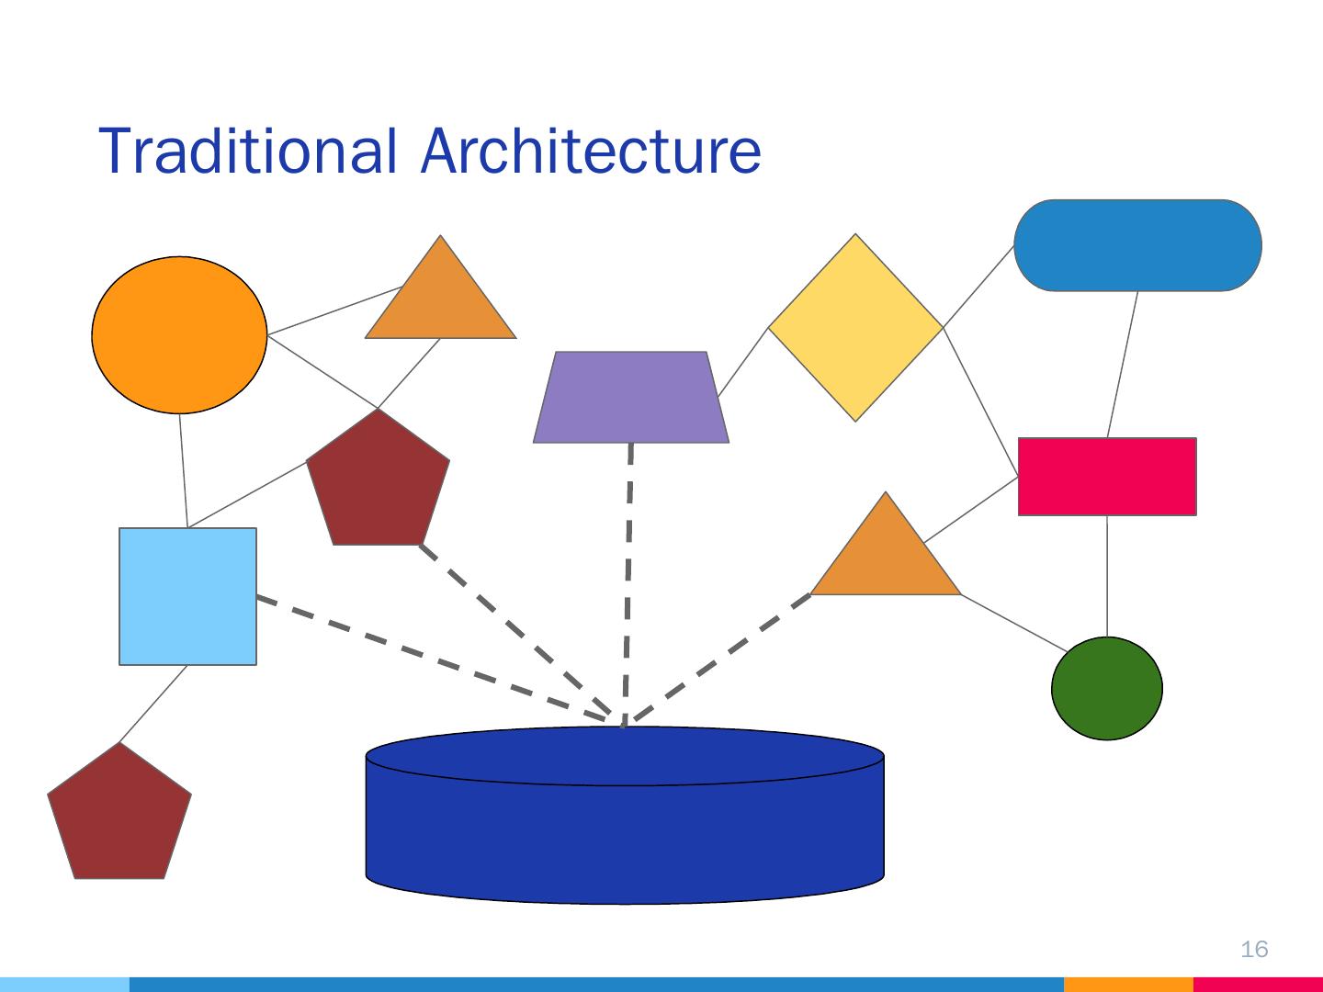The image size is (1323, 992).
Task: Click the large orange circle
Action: (179, 334)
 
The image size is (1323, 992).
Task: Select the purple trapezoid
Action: (631, 398)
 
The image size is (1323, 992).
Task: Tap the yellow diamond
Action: (855, 328)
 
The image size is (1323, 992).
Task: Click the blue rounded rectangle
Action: (1137, 245)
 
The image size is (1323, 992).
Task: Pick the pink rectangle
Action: (1107, 477)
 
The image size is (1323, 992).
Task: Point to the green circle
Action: (1106, 688)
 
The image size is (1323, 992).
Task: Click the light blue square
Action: (187, 596)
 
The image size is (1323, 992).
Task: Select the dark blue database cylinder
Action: (625, 827)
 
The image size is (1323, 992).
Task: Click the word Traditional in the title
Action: (249, 151)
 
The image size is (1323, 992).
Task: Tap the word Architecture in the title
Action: (591, 151)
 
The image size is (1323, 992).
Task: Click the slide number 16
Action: (1254, 949)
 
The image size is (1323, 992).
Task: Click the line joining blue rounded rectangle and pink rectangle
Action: (1123, 364)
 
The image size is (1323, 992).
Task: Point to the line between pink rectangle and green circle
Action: (1107, 576)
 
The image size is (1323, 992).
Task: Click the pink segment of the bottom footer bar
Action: (1258, 985)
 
